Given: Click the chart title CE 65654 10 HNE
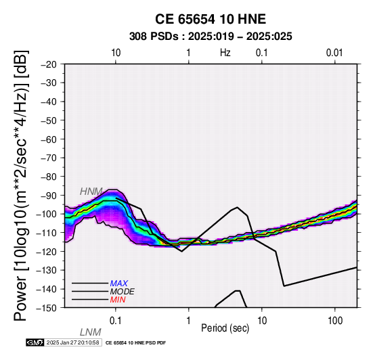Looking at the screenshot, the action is (x=211, y=19).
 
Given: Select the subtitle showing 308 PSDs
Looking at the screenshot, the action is (x=211, y=37).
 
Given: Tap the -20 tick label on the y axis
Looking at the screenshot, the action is (x=49, y=64).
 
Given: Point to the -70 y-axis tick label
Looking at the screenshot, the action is (x=49, y=158).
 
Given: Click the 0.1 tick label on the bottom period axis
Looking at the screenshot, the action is (x=116, y=321).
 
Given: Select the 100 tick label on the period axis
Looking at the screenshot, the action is (x=335, y=321).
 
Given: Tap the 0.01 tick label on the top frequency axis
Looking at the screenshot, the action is (x=334, y=53).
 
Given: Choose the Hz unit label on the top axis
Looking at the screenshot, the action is (x=225, y=53).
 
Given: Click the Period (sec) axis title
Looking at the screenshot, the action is (x=225, y=328).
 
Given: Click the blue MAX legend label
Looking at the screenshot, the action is (x=119, y=284).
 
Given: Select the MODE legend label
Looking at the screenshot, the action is (x=123, y=292).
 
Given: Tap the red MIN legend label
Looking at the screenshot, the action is (x=118, y=300).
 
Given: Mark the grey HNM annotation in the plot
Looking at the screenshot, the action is (x=91, y=192).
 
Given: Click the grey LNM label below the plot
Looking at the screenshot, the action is (x=91, y=332).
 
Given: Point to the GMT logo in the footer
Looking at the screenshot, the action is (x=35, y=342).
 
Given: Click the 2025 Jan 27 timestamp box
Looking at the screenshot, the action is (x=73, y=342).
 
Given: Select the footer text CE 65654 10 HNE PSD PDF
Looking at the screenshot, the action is (x=135, y=343).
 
